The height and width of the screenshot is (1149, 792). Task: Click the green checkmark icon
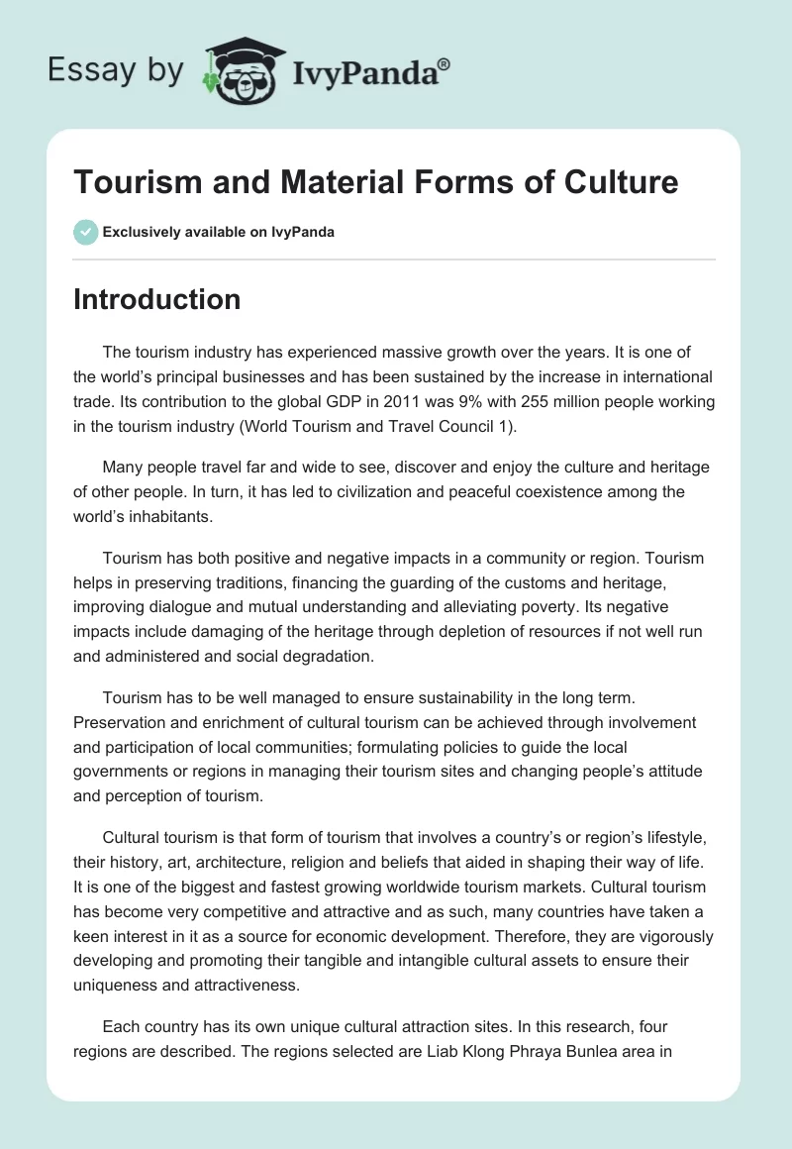point(85,232)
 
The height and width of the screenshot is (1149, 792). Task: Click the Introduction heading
point(156,299)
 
